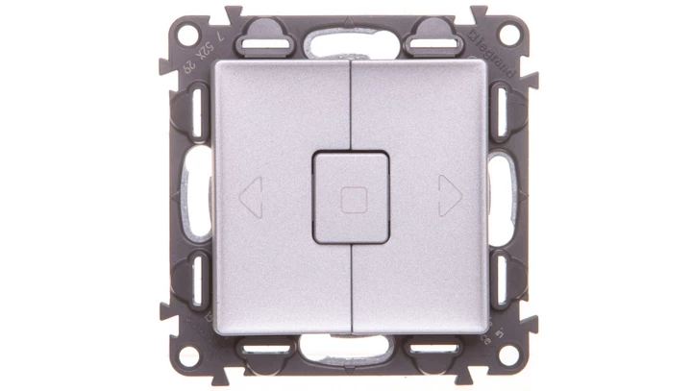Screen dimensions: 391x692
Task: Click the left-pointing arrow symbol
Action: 249,197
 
